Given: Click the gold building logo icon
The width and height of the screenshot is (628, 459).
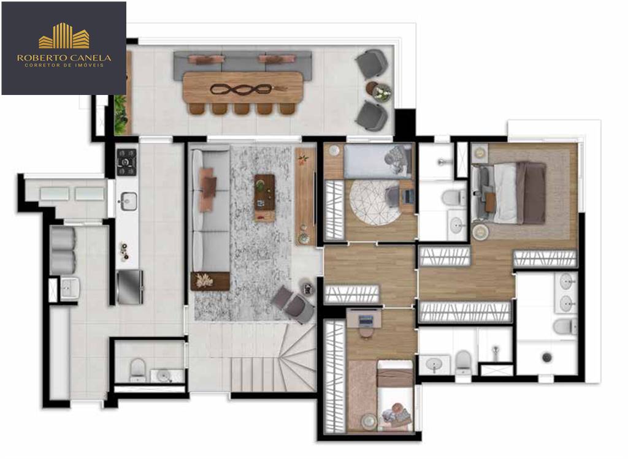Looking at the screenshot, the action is [64, 36].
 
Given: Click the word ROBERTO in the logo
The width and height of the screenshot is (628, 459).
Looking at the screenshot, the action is [39, 58].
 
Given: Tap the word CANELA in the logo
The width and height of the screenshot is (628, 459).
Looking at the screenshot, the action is [89, 58].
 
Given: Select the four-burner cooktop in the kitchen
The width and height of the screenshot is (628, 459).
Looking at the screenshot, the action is [126, 162].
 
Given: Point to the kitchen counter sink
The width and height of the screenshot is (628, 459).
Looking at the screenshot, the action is [128, 201].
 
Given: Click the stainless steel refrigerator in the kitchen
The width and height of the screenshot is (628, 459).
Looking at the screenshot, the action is [130, 287].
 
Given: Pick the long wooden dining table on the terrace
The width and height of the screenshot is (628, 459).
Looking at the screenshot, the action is [242, 87].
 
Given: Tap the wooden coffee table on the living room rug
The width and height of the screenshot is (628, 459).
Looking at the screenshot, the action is [265, 198].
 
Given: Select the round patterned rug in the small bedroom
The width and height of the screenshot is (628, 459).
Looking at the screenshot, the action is [374, 202].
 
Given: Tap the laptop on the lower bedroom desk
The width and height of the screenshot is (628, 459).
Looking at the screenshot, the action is [366, 320].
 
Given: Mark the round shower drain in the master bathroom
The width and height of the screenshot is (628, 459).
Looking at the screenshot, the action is [547, 357].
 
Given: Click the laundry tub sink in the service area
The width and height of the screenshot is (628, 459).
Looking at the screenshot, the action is [70, 288].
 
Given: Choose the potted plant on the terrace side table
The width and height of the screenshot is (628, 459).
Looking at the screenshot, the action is [381, 93].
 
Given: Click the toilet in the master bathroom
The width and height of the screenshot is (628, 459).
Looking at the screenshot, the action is [565, 326].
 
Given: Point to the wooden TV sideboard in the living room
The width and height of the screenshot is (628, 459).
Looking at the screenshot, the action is [305, 196].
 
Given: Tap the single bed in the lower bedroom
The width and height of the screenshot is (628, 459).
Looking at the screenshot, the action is [394, 395].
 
